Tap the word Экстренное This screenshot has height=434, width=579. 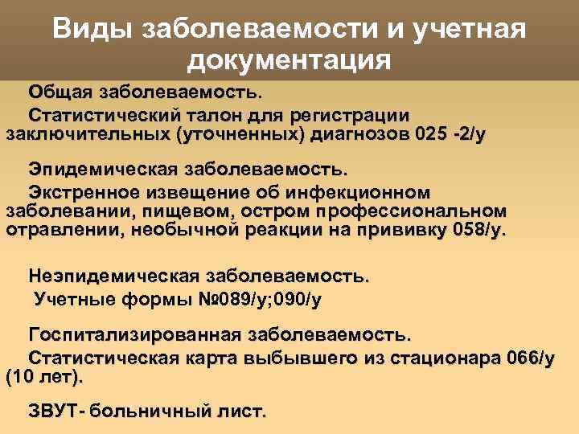point(84,192)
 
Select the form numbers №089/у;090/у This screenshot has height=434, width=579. point(253,300)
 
